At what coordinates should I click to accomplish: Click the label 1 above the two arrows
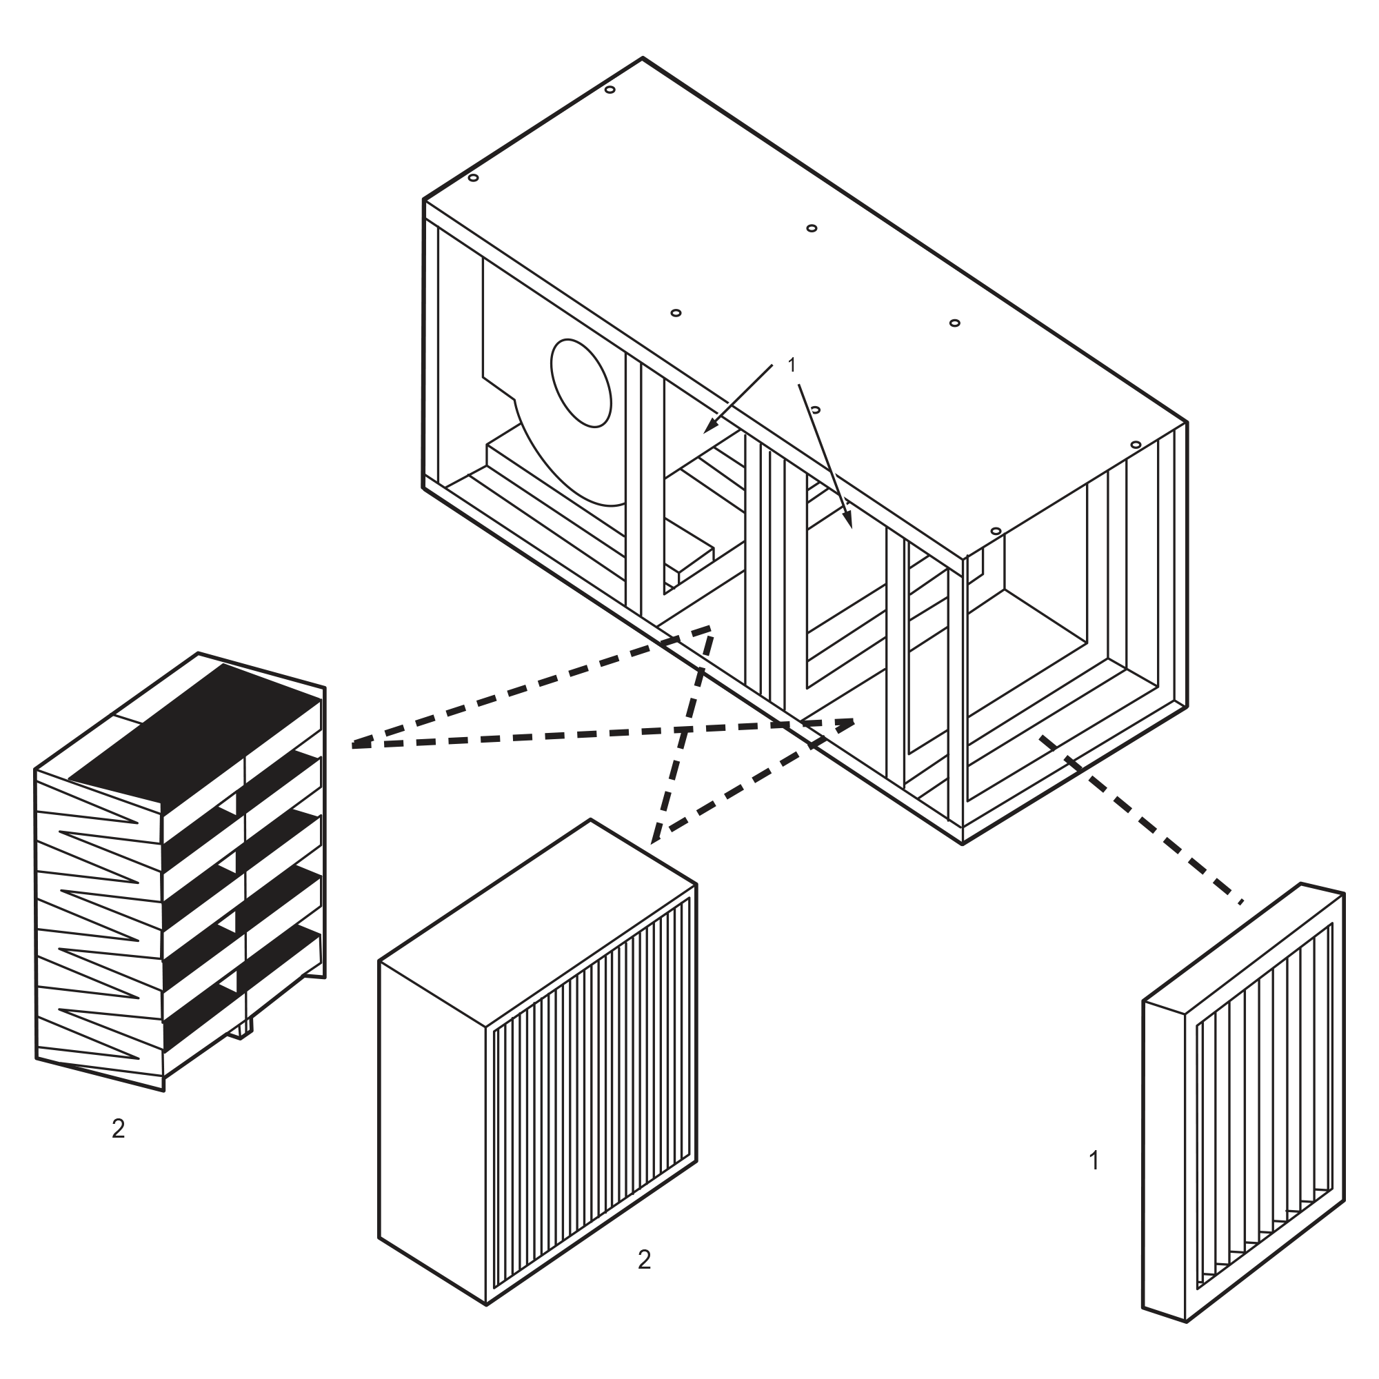[x=791, y=365]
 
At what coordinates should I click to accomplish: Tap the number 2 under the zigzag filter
[x=119, y=1129]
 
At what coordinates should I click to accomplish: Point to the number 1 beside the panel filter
[x=1094, y=1160]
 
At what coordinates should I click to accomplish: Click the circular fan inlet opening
[x=582, y=383]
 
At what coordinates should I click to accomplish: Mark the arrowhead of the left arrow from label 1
[x=708, y=429]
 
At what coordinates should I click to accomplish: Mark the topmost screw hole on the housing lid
[x=610, y=90]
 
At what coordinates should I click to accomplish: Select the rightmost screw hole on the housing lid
[x=1136, y=445]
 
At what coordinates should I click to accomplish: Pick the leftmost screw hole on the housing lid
[x=472, y=178]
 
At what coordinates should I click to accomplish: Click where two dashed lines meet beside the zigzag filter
[x=354, y=745]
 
